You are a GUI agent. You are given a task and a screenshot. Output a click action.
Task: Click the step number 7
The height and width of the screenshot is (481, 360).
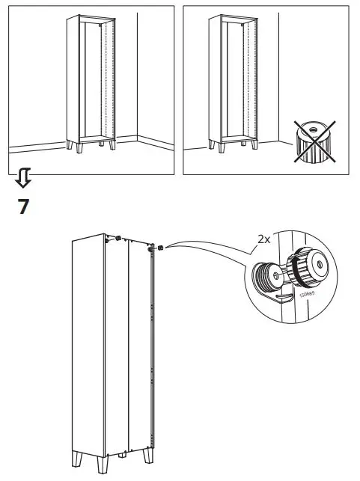pos(23,206)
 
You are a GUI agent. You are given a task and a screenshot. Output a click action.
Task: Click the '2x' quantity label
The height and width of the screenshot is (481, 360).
pos(263,239)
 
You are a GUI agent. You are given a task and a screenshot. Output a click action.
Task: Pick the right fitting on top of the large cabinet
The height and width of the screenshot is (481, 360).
pos(159,248)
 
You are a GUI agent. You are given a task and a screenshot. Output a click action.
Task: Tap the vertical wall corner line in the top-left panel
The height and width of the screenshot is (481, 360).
pos(138,75)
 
